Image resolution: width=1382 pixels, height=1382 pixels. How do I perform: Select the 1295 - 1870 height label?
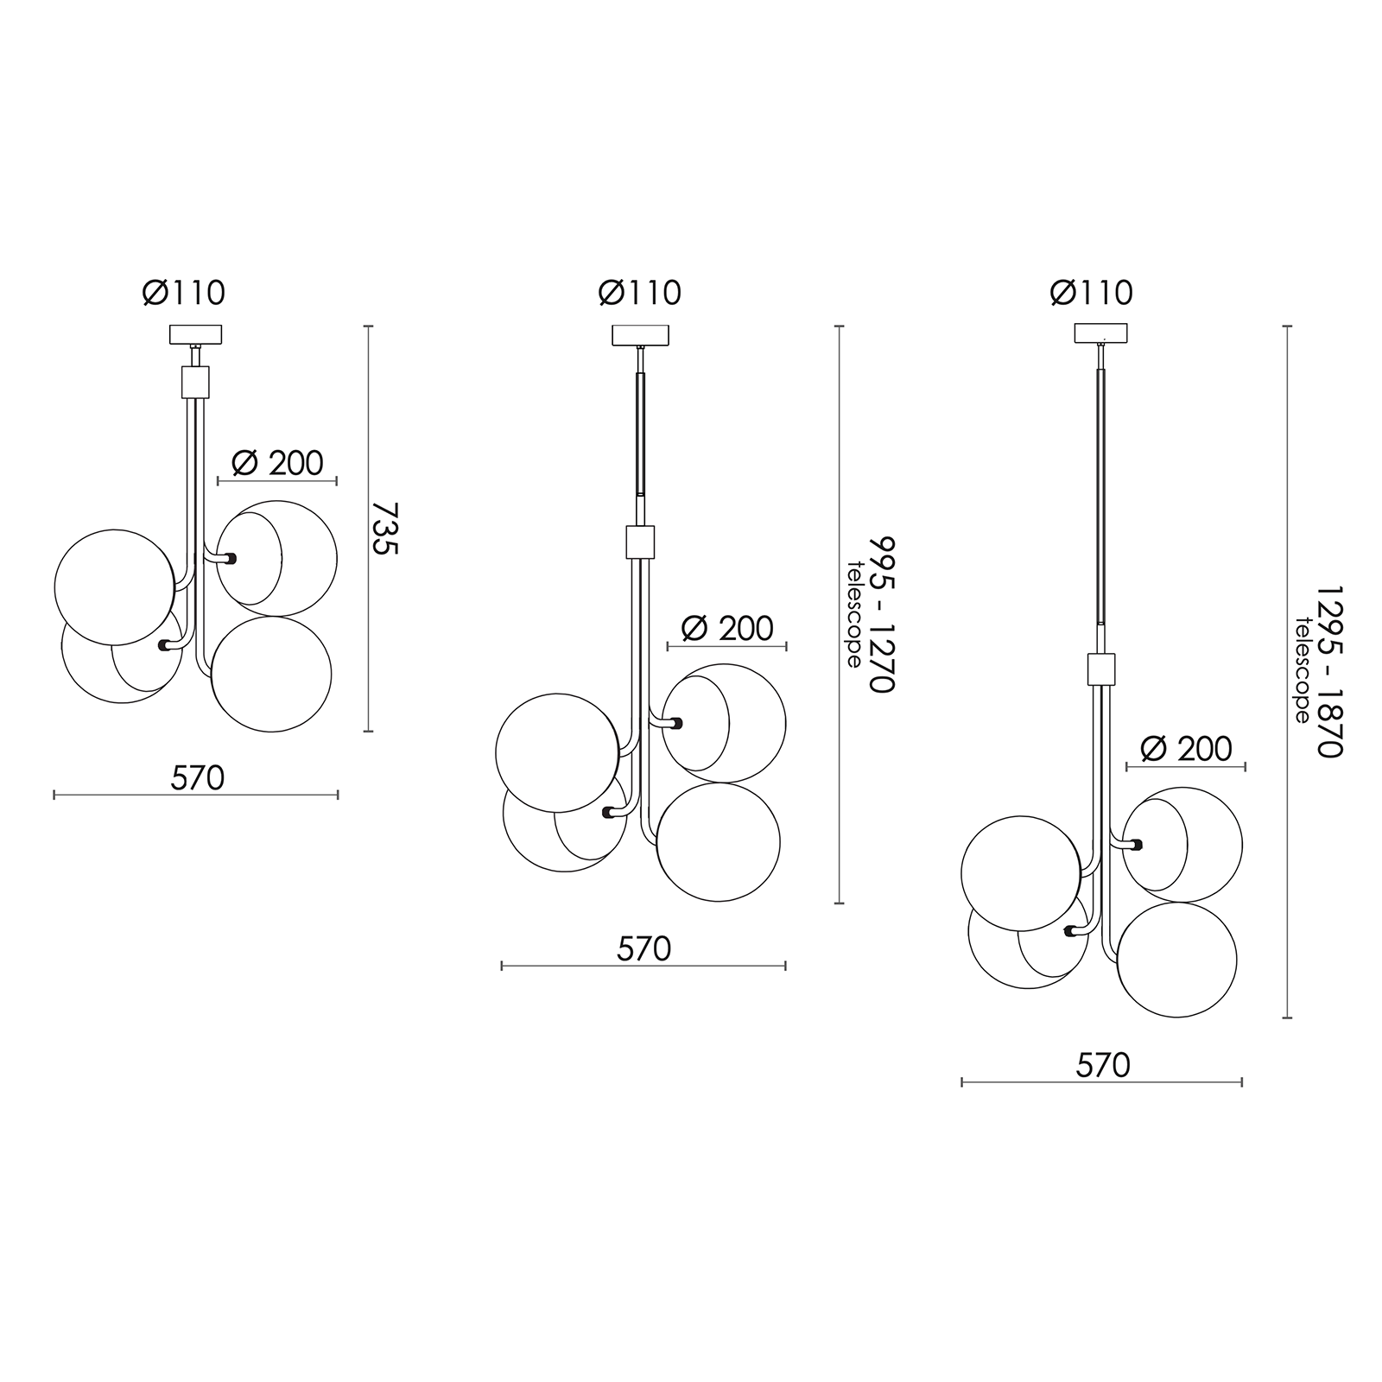[x=1330, y=672]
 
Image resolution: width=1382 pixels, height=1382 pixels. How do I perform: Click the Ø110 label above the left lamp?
[x=184, y=293]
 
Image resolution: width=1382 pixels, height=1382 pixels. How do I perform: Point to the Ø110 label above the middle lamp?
[x=640, y=293]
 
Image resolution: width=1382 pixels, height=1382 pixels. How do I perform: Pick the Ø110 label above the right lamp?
[x=1092, y=293]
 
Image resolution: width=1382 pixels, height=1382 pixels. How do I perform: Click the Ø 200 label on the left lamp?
[x=277, y=463]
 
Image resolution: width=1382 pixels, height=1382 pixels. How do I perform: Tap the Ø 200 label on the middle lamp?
[x=727, y=628]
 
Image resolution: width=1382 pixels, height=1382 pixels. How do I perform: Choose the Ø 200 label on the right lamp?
[x=1186, y=748]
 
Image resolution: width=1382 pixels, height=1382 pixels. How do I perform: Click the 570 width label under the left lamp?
[x=197, y=778]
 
